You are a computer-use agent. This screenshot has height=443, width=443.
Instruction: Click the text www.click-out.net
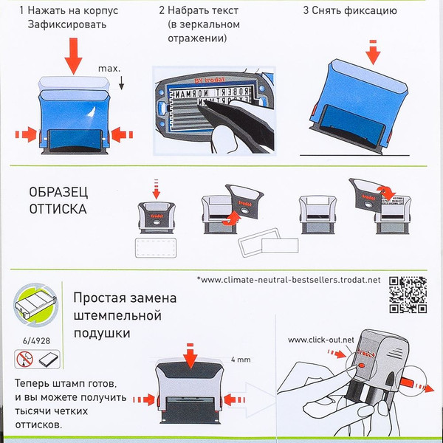coord(321,340)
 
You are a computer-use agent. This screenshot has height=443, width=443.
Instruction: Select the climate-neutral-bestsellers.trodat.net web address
coord(290,281)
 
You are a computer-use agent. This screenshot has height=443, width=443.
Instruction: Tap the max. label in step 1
coord(109,69)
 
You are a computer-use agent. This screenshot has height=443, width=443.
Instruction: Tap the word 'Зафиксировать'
coord(62,24)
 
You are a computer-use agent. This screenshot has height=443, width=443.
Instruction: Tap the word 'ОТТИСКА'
coord(57,208)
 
